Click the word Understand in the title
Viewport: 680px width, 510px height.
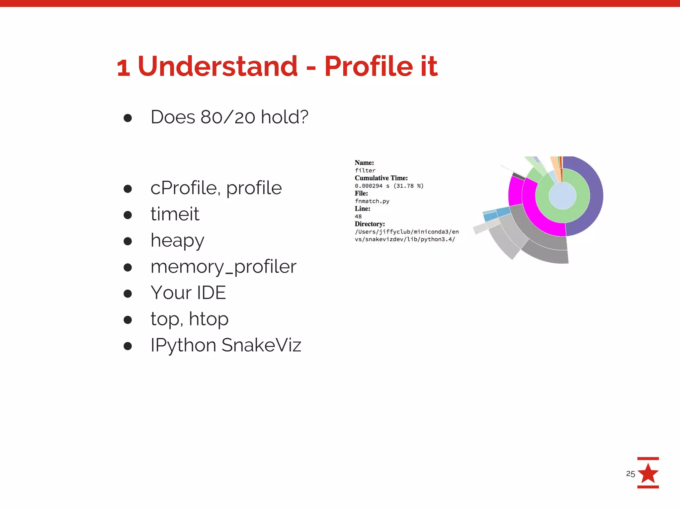tap(217, 66)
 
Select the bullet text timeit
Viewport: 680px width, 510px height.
tap(175, 214)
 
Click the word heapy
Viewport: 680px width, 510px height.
tap(177, 240)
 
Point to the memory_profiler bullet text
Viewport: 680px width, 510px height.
tap(223, 267)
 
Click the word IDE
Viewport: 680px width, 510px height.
tap(211, 293)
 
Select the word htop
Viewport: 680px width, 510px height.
tap(209, 319)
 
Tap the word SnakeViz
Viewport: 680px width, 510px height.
tap(261, 345)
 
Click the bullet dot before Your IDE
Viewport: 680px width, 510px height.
tap(128, 294)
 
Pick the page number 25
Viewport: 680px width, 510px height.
tap(630, 474)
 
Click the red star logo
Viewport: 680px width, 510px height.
tap(648, 473)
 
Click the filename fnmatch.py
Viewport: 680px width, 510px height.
tap(372, 201)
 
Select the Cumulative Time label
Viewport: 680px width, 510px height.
tap(381, 178)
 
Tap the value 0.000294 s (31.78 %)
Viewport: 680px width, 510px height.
tap(389, 186)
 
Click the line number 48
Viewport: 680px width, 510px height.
tap(358, 216)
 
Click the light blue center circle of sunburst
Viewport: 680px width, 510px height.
tap(562, 196)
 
